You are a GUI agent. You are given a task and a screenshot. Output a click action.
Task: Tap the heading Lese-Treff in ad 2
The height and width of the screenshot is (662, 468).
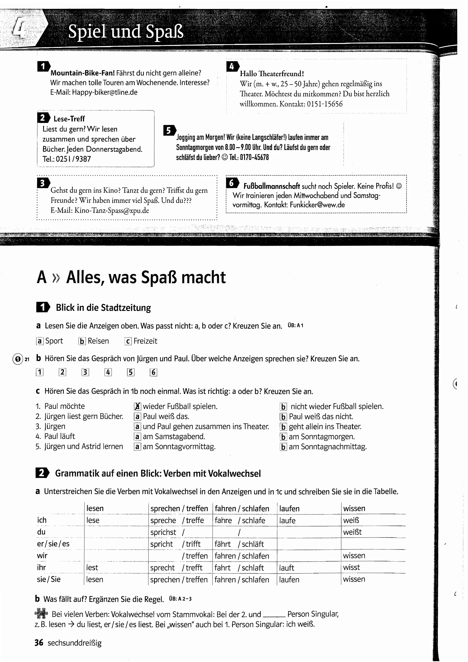click(x=69, y=119)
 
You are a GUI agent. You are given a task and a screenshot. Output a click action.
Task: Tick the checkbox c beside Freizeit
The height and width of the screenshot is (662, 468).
click(x=128, y=341)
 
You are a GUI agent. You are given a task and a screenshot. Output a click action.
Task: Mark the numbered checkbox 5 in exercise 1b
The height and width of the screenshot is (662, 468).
click(x=130, y=372)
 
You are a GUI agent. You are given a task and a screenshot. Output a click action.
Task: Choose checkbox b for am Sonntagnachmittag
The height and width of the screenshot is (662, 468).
click(x=283, y=447)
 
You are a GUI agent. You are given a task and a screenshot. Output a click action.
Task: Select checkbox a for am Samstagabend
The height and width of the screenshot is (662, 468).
click(x=138, y=437)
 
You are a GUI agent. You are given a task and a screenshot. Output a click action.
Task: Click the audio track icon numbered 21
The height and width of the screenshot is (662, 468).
click(x=18, y=359)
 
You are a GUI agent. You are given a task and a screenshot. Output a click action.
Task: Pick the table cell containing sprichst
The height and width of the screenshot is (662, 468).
click(x=163, y=532)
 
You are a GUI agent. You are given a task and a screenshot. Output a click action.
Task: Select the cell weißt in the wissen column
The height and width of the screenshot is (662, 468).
click(x=352, y=532)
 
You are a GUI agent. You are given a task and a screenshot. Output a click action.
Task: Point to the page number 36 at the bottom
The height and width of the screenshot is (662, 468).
click(x=39, y=643)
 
